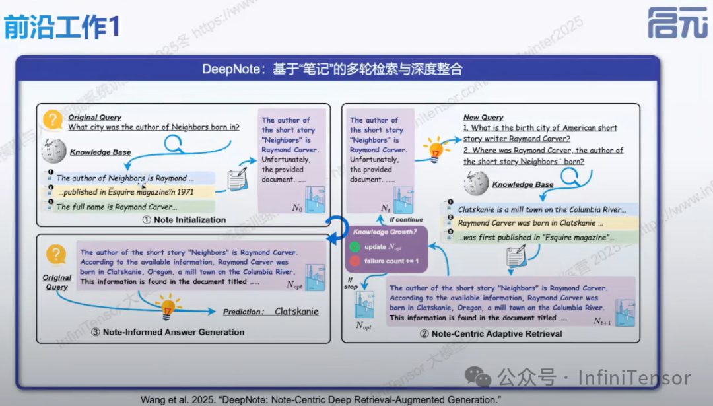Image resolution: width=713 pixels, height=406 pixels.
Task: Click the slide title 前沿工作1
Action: (63, 27)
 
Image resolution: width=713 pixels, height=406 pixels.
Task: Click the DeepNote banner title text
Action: (332, 69)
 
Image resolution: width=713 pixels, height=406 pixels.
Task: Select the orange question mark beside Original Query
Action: (53, 120)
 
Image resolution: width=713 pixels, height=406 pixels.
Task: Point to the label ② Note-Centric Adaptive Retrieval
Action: (491, 334)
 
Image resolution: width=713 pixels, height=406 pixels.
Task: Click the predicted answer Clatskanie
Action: (296, 312)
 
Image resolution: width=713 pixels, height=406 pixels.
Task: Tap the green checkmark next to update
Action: (355, 247)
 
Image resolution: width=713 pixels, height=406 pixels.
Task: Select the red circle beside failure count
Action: (355, 261)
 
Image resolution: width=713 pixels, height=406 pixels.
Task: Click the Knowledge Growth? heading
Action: (385, 232)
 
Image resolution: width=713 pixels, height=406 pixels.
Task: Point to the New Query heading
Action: (483, 118)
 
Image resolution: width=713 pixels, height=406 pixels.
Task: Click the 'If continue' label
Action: (405, 219)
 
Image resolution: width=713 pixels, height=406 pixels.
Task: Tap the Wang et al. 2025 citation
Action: (320, 399)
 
